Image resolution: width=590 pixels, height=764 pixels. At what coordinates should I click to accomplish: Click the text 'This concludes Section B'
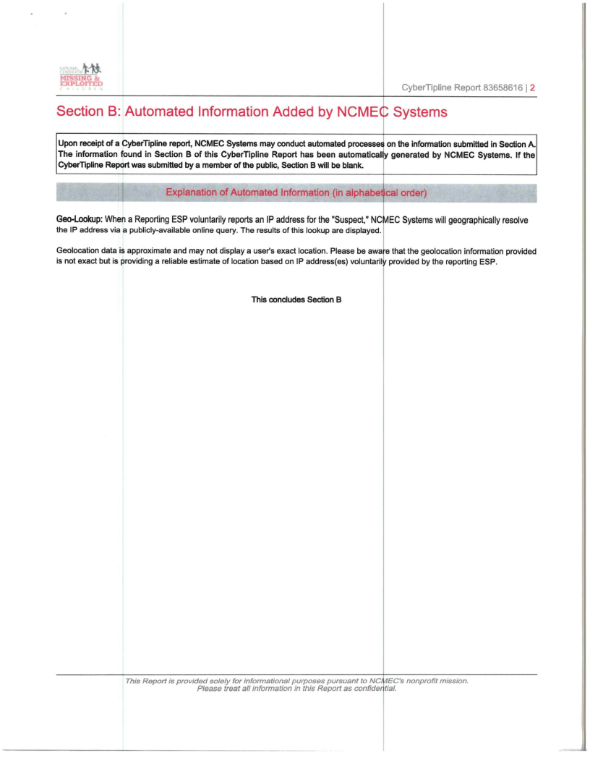296,300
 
